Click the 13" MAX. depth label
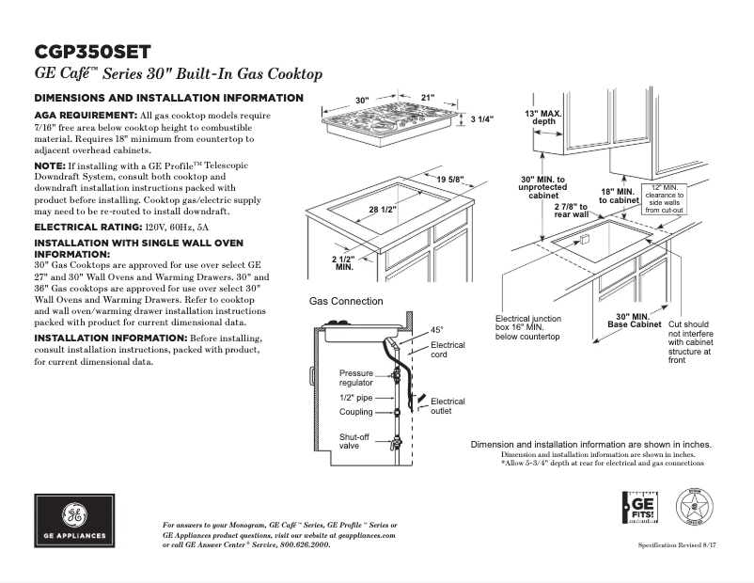(x=544, y=117)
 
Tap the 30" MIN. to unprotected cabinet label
(x=542, y=186)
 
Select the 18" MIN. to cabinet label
(x=620, y=196)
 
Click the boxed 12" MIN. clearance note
(x=664, y=198)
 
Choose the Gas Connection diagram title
(x=346, y=302)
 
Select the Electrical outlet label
(x=447, y=406)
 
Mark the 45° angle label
(x=436, y=330)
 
